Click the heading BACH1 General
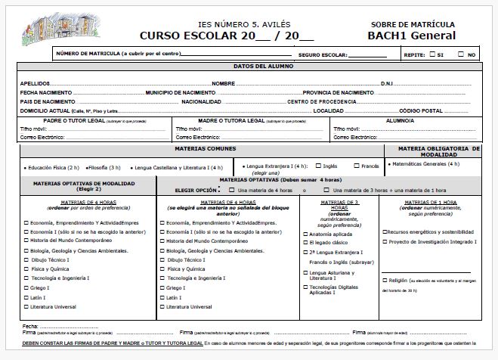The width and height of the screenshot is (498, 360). (411, 36)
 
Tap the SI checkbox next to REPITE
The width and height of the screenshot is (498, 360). (431, 54)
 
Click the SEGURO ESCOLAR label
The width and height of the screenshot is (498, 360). (323, 55)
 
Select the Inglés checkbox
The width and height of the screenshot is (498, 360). (317, 166)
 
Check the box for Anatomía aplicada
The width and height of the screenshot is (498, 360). (303, 234)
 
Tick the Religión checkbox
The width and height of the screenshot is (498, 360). (385, 280)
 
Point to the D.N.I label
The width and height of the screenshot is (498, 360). (388, 83)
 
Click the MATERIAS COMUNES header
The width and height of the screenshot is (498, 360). (200, 149)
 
